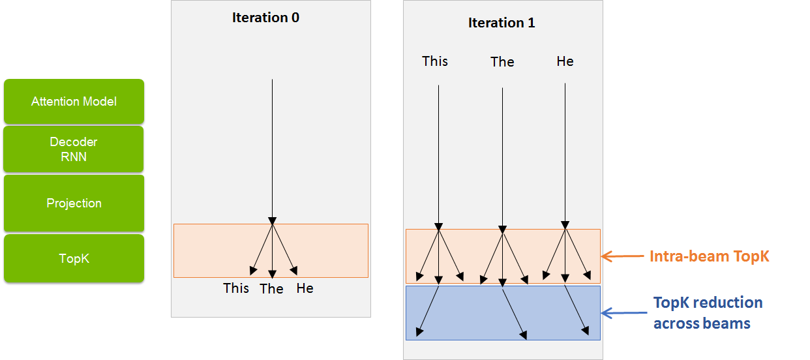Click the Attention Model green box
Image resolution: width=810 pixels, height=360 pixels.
coord(74,101)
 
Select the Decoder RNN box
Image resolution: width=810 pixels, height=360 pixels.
coord(74,149)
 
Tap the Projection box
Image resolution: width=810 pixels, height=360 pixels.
coord(74,203)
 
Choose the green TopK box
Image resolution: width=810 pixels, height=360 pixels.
coord(74,258)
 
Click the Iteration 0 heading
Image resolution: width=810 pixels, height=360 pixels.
coord(266,18)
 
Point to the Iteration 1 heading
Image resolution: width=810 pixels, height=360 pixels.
coord(502,23)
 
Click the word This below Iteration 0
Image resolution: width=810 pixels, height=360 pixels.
coord(236,288)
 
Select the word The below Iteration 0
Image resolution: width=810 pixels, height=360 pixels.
coord(271,289)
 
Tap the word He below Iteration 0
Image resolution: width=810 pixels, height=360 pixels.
coord(305,288)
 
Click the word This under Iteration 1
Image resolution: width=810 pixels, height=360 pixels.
coord(435,61)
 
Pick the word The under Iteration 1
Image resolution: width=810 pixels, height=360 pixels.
coord(502,62)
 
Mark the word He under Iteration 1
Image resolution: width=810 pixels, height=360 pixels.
coord(565,61)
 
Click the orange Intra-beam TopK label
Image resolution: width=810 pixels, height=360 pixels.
coord(710,256)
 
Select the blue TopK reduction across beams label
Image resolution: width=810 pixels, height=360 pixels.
coord(708,312)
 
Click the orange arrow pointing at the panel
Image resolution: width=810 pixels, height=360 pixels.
coord(623,256)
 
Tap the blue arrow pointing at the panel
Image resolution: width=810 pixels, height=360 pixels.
coord(624,312)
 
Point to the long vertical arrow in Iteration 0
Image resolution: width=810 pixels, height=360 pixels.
coord(273,152)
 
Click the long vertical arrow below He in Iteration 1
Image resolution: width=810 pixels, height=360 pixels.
coord(565,156)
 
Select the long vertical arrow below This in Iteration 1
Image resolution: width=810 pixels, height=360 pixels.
coord(439,158)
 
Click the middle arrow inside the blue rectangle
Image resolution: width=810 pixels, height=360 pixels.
coord(514,313)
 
